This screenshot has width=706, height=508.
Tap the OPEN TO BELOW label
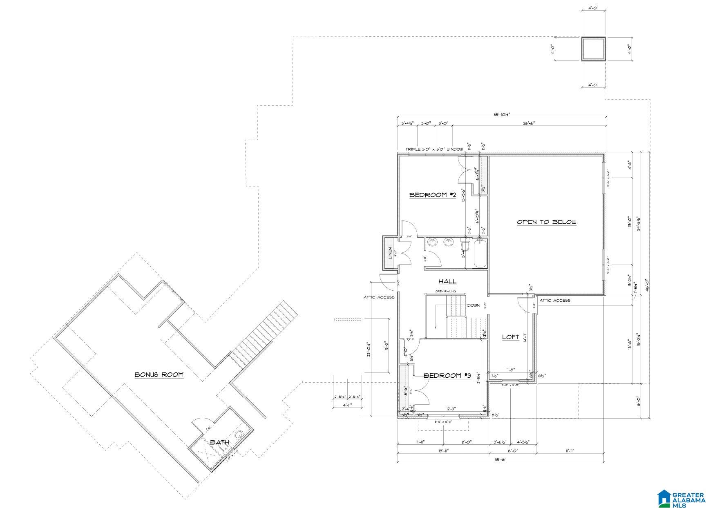[x=546, y=222]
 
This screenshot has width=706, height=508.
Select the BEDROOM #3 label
[x=447, y=376]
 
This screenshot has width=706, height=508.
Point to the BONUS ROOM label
[x=159, y=374]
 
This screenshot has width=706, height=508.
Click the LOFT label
[x=510, y=337]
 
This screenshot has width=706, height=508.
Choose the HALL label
[x=447, y=281]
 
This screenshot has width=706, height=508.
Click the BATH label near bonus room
[x=219, y=442]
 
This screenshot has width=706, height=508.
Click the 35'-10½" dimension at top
[x=501, y=115]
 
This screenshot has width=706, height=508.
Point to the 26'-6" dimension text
[x=528, y=123]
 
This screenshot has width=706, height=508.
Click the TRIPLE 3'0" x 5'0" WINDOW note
[x=434, y=149]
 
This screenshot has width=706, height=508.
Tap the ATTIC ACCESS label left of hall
[x=379, y=297]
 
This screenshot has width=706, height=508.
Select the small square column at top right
[x=593, y=49]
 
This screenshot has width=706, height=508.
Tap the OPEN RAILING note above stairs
[x=445, y=291]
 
